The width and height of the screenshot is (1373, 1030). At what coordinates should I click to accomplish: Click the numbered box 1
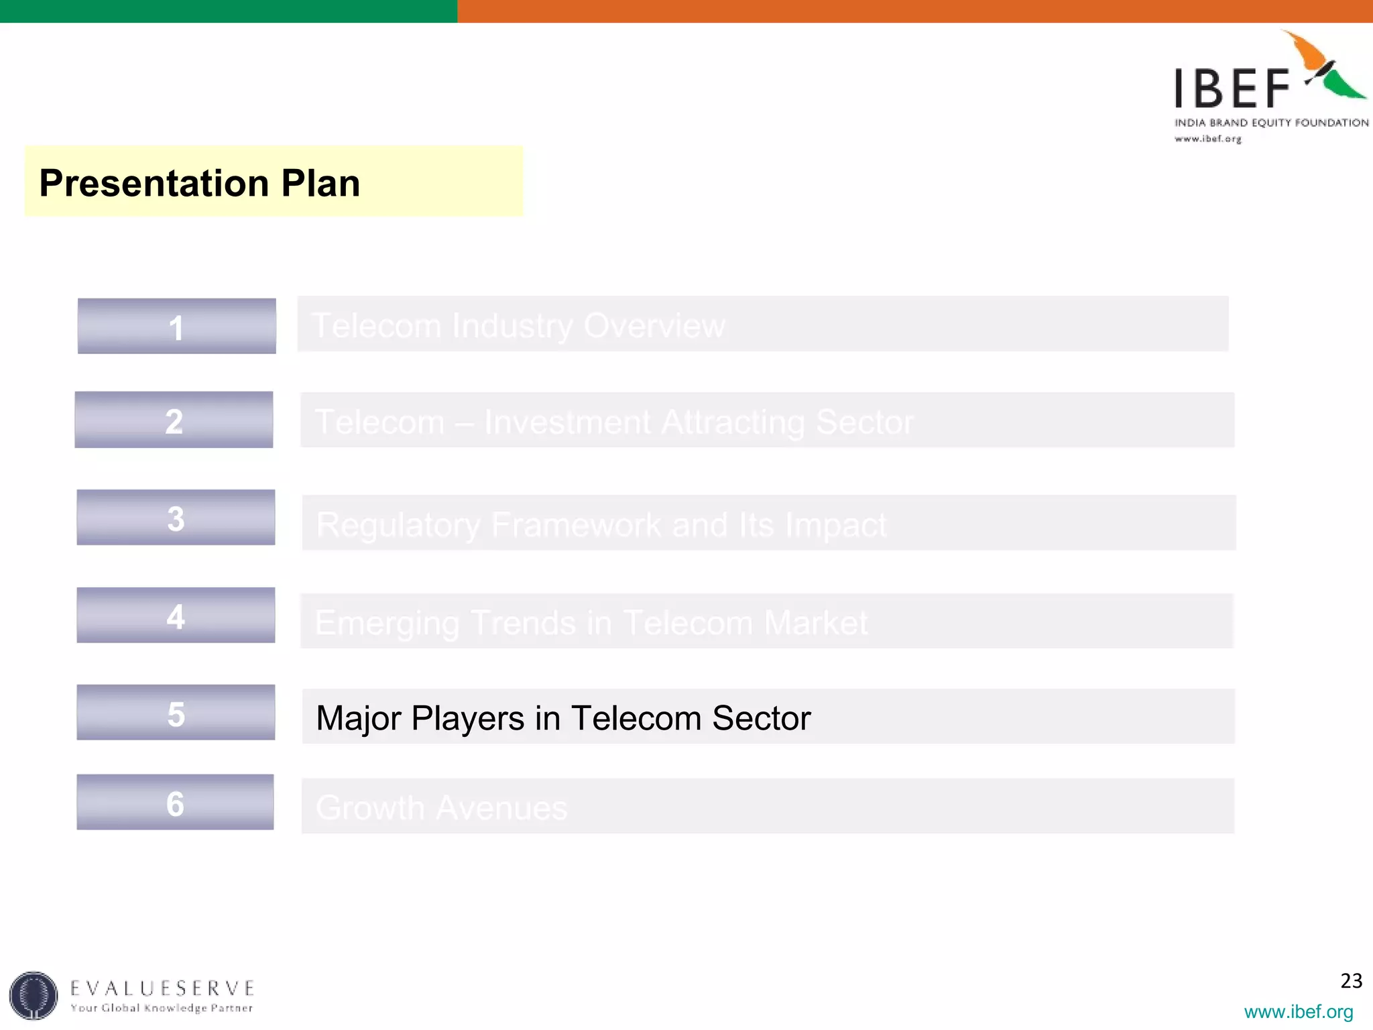(176, 327)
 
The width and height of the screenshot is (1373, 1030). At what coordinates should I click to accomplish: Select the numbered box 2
(174, 420)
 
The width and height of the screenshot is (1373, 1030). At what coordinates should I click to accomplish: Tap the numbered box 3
(176, 518)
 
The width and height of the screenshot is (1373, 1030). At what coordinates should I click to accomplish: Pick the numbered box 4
(176, 616)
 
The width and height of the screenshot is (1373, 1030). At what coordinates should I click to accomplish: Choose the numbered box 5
(176, 713)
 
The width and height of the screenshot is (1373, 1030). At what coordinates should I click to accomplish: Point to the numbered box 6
(175, 803)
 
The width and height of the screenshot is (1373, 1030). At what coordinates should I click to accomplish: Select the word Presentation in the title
(154, 183)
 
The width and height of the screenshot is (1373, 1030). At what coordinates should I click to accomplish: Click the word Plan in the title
(320, 183)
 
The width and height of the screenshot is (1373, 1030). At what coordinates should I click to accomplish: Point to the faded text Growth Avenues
(441, 807)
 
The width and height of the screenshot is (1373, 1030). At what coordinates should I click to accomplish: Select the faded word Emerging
(387, 623)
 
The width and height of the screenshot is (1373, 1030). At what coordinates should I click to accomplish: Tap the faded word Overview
(654, 326)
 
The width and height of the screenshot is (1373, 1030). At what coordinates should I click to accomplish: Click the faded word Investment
(567, 422)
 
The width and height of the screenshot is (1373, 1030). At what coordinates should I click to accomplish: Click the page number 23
(1351, 981)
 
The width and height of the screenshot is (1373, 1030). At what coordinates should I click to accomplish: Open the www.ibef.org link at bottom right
(1298, 1011)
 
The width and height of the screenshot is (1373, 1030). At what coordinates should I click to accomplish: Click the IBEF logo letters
(1232, 89)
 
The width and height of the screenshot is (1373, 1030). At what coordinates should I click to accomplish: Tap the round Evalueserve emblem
(34, 995)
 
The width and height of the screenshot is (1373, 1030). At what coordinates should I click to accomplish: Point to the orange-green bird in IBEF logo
(1328, 67)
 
